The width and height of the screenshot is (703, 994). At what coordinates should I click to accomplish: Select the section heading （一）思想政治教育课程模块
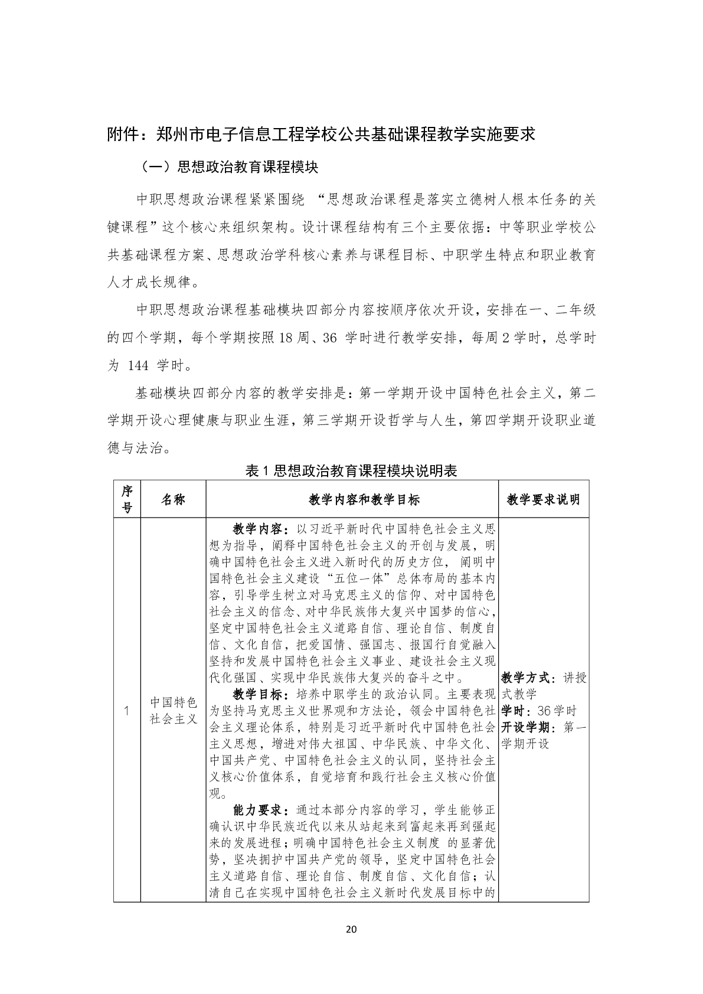(229, 168)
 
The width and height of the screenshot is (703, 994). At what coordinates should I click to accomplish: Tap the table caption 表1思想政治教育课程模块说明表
(351, 470)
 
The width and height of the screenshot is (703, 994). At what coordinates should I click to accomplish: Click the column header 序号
(127, 499)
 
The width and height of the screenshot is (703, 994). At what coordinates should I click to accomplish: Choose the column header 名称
(173, 499)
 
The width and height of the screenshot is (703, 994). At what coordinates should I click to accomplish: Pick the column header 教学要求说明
(543, 499)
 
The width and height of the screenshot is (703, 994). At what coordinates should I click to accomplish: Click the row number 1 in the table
(127, 711)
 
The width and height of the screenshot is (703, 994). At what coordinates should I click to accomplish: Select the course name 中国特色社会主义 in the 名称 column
(173, 711)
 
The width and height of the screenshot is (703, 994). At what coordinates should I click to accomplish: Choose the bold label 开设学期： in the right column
(528, 727)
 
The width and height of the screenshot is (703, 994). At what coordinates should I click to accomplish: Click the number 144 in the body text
(138, 366)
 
